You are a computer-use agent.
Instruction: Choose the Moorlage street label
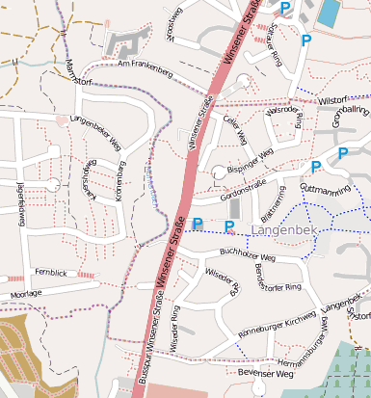25,292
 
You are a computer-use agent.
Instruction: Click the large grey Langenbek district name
283,230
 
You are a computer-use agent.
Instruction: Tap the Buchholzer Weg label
248,258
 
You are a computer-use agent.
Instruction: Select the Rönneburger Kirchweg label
276,325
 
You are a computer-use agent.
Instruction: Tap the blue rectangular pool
329,13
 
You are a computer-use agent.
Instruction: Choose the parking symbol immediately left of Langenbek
229,226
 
